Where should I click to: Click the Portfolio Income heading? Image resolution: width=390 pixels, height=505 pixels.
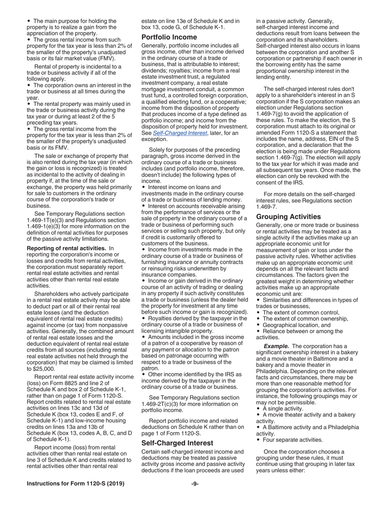point(169,37)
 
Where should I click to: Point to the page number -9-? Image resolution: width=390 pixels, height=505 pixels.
point(195,484)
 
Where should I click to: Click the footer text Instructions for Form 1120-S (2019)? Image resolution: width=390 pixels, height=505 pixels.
point(76,484)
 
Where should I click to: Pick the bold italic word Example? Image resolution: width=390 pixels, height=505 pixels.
point(276,346)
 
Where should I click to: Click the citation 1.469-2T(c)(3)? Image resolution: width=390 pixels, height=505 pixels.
point(162,404)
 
